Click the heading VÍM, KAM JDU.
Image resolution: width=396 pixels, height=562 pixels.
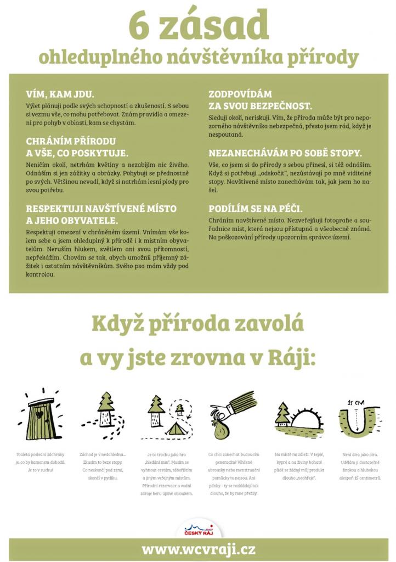[x=60, y=93]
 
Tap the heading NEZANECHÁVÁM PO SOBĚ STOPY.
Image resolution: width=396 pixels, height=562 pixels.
[x=285, y=153]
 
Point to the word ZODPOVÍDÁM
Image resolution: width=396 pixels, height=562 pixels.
[x=240, y=94]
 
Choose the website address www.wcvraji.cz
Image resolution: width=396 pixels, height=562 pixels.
[x=198, y=549]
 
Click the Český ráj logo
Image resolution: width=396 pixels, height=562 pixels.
[x=199, y=529]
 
